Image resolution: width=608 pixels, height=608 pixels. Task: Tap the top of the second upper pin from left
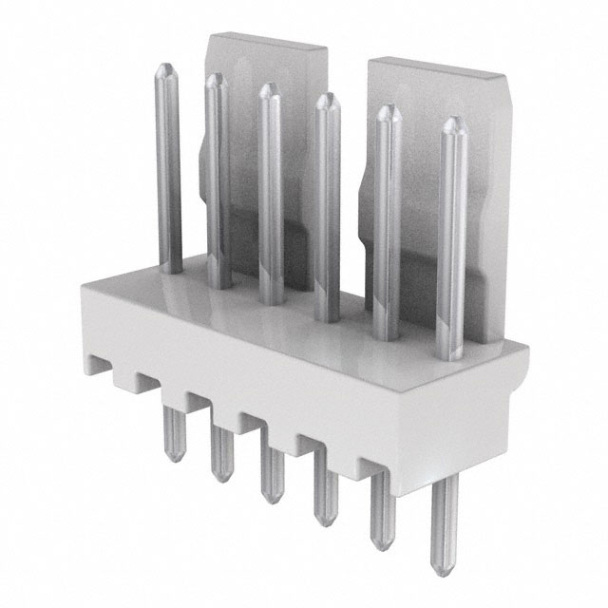[216, 79]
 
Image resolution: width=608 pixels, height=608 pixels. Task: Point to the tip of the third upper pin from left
[269, 88]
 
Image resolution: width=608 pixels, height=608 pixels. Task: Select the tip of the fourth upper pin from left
[327, 99]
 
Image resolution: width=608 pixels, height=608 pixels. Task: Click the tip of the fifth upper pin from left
[387, 111]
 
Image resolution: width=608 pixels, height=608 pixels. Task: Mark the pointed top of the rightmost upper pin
[452, 123]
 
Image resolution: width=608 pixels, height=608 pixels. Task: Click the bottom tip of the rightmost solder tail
[443, 570]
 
